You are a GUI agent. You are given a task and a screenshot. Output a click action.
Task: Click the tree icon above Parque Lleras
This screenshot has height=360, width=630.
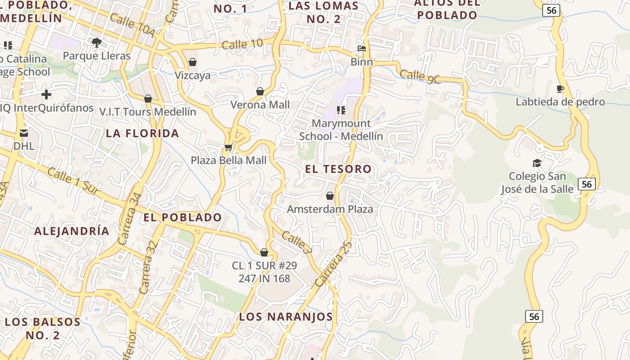(96, 43)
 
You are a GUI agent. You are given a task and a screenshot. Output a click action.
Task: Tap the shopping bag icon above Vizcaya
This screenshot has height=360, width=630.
(193, 62)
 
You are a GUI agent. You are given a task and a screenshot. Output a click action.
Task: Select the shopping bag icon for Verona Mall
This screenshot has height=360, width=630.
(260, 91)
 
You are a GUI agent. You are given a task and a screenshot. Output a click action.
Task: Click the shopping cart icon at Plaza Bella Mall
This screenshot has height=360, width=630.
(228, 147)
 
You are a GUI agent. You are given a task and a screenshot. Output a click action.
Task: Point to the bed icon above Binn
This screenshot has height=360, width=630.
(361, 49)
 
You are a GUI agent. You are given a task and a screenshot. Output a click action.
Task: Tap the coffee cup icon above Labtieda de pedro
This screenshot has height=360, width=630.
(560, 89)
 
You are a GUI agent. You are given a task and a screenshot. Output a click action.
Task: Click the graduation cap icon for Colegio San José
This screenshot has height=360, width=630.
(537, 163)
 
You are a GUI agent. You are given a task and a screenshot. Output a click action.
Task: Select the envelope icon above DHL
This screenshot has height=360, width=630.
(24, 133)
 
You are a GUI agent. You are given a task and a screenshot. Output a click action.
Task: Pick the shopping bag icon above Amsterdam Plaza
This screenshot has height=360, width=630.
(330, 196)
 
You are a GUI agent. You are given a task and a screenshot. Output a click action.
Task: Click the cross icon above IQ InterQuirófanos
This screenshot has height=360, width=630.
(46, 94)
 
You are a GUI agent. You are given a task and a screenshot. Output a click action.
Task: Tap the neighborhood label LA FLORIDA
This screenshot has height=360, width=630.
(143, 134)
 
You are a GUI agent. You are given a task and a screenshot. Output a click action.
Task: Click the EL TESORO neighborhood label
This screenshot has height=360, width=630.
(338, 169)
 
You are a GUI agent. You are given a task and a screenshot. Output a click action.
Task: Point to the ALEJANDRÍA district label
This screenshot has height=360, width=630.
(72, 231)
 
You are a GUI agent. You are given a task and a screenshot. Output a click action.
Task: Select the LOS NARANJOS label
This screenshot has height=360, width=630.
(286, 317)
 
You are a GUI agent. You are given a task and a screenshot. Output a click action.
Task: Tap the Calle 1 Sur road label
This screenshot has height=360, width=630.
(72, 181)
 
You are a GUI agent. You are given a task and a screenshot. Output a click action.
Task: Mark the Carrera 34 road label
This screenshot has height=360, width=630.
(130, 219)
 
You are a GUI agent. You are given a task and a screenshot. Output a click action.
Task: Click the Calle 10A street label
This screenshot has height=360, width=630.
(132, 26)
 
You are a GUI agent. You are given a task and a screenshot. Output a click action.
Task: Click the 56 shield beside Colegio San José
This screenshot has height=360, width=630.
(586, 184)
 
